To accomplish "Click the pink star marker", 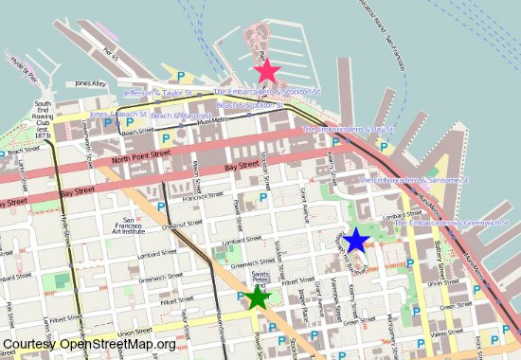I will pos(266,70).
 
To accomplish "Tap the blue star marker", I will pos(356,240).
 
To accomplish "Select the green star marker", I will pos(257,298).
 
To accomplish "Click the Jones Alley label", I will pos(90,83).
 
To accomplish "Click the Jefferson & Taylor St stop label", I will pos(157,94).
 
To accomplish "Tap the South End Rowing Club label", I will pos(43,120).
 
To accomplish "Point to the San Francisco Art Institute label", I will pos(127,225).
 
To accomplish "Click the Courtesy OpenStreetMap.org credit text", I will pos(89,345).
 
